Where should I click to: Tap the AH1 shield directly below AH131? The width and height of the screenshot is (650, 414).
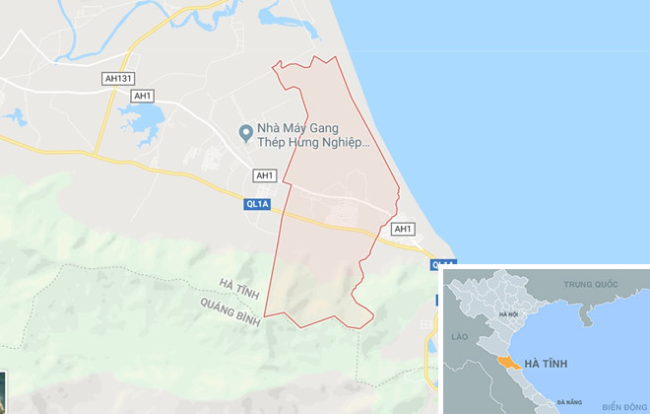point(143,96)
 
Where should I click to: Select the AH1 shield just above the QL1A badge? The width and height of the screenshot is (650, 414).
point(263,175)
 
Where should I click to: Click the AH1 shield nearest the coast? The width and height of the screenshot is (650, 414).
point(402,229)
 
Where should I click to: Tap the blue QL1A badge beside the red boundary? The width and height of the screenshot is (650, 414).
point(255,204)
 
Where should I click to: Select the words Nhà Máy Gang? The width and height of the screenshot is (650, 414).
point(296,128)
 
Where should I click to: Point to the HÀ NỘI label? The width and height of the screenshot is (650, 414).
point(508,313)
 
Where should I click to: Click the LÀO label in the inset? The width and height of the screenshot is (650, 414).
point(458,336)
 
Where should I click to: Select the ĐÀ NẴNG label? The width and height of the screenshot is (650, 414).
point(568,402)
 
